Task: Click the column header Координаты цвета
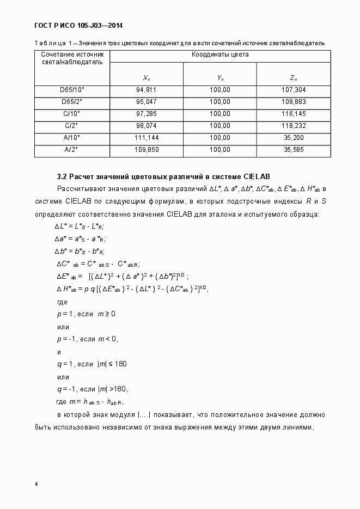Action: (x=220, y=55)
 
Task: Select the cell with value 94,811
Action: (x=146, y=90)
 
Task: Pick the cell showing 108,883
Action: (x=294, y=102)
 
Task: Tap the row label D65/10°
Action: (x=72, y=90)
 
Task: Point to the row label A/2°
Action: (x=72, y=150)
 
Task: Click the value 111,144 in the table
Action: (x=146, y=138)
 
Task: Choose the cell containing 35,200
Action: (x=294, y=138)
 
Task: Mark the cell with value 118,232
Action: (x=294, y=126)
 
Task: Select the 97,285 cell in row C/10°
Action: (x=146, y=114)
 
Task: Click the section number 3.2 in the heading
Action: (x=62, y=176)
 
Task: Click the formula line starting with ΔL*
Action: (x=80, y=226)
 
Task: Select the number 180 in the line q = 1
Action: (x=121, y=364)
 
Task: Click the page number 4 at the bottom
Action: (x=36, y=484)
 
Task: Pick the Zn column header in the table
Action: (x=294, y=78)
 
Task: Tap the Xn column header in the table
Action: (x=146, y=78)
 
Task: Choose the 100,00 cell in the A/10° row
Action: (x=219, y=138)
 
